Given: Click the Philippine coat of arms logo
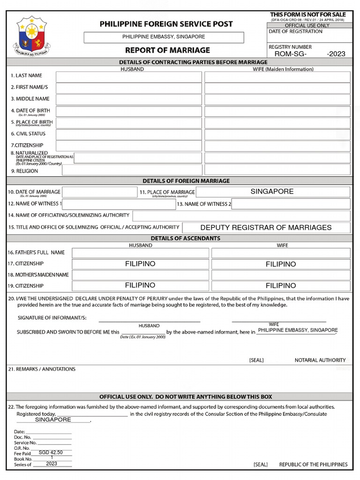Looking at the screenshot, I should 31,36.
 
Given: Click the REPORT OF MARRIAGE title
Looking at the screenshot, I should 167,50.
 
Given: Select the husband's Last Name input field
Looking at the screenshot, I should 128,76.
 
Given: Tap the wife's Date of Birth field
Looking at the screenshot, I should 277,112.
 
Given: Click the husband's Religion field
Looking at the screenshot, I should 132,170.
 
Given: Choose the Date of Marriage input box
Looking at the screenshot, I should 99,192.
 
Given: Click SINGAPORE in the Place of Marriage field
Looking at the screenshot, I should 272,191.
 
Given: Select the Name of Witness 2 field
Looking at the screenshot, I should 291,204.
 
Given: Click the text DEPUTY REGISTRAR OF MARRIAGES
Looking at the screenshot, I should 266,227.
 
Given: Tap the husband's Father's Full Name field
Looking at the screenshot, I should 140,253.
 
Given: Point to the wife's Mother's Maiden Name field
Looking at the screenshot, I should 280,275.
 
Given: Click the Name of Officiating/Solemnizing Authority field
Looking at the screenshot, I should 241,216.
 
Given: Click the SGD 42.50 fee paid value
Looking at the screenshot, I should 51,453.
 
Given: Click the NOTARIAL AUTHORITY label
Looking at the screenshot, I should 320,360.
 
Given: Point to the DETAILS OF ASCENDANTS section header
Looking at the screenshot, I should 179,238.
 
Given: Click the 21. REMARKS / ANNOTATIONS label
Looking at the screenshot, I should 42,369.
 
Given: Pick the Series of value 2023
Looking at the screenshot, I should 52,464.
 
